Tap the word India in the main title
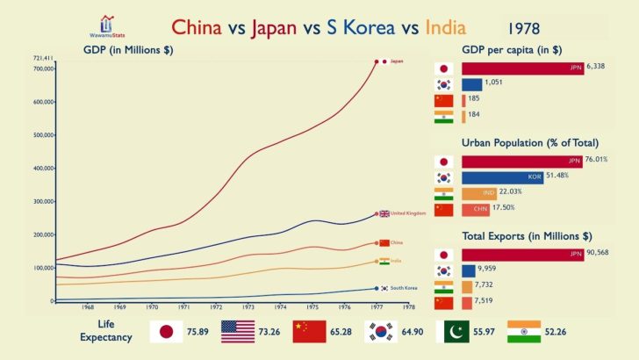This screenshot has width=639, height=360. pos(444,28)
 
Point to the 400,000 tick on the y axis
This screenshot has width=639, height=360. pos(39,169)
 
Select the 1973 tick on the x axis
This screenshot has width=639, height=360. pos(248,307)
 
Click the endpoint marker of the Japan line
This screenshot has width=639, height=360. pos(377,61)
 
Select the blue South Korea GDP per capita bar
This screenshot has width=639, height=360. pos(471,84)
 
